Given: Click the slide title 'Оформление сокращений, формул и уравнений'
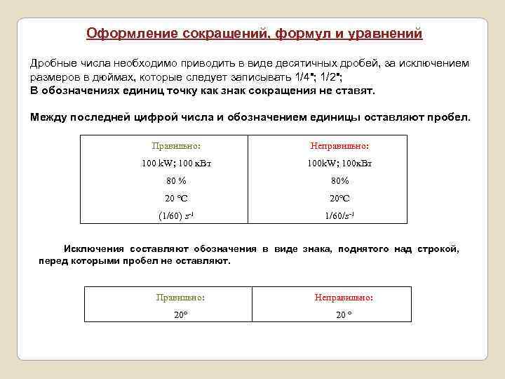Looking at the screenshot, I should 254,33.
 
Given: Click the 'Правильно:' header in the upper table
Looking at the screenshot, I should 176,146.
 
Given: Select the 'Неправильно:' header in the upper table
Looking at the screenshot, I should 339,146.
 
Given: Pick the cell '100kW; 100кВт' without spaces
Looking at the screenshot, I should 339,164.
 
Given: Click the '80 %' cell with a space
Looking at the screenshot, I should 176,181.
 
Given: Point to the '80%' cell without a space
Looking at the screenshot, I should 339,181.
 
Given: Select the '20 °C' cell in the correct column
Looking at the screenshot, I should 176,198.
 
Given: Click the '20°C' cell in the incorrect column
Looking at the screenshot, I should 339,198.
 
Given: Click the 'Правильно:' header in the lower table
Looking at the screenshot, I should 180,298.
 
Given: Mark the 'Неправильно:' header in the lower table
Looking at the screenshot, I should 344,298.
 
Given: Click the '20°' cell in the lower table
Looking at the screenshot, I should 180,314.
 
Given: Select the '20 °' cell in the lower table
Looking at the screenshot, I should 344,314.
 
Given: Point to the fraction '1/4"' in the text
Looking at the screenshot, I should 307,77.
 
